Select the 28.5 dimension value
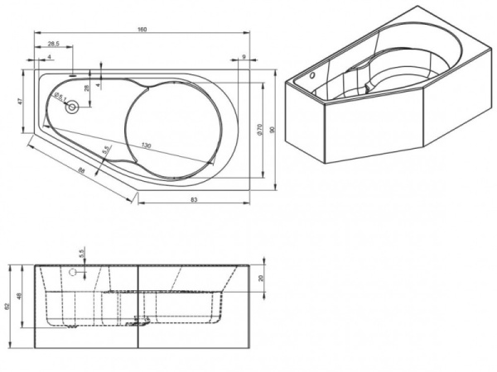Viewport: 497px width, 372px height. pos(52,43)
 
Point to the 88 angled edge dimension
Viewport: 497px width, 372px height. pos(80,169)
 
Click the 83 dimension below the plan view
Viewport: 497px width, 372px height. pos(193,200)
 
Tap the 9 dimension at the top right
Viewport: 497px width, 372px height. pos(244,57)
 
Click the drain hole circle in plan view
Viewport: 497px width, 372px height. pos(71,106)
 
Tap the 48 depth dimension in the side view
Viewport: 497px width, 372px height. pos(21,296)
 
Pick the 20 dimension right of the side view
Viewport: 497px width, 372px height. pos(261,279)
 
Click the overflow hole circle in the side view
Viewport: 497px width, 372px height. pos(73,271)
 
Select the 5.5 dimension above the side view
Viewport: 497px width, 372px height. pos(82,251)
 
